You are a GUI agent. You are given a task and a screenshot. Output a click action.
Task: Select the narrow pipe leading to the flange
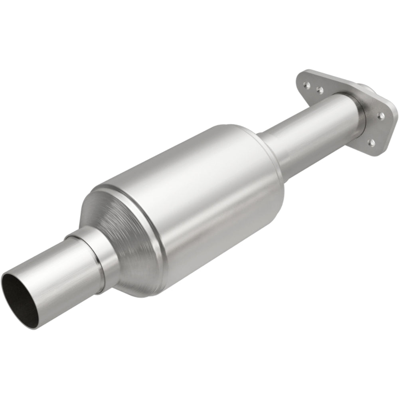(315, 124)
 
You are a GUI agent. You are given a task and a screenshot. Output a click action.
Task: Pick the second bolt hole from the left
(319, 90)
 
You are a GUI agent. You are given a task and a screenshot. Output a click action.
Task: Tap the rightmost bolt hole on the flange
(381, 115)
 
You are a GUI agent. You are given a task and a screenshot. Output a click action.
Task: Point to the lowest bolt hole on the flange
(371, 142)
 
